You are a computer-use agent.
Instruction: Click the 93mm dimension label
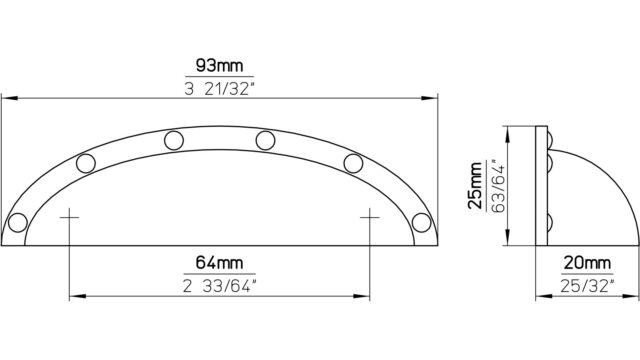pos(219,65)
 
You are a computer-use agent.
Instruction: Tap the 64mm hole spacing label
pos(219,262)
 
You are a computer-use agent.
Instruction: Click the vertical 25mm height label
pos(475,186)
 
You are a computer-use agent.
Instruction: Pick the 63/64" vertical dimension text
pos(498,186)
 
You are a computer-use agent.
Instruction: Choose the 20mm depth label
pos(587,263)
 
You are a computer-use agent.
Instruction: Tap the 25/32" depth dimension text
pos(587,286)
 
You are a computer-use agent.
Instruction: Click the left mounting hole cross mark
pos(69,218)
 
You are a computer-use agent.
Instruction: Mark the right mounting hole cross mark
pos(370,218)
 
